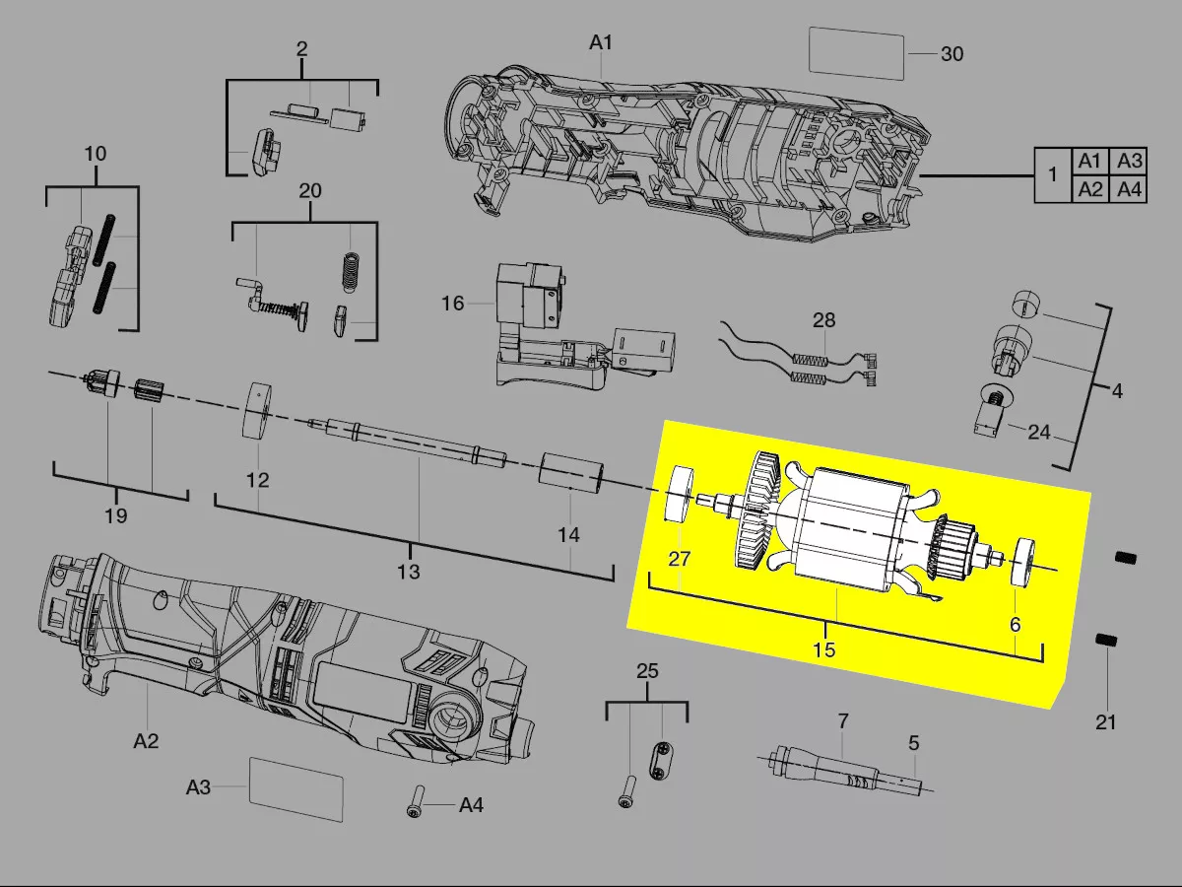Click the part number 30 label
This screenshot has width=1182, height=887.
(952, 54)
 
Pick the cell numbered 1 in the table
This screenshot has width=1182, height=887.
(1053, 175)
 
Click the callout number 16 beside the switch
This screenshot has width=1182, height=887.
(452, 304)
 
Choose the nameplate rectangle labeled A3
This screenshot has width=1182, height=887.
(295, 789)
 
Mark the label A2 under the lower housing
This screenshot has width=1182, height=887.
(146, 740)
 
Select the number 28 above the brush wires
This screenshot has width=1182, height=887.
(823, 320)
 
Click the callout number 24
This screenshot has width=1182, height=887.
(1038, 432)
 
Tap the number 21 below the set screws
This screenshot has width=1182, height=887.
(1106, 722)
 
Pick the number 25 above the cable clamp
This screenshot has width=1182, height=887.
(647, 671)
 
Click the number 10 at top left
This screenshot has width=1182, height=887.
(96, 155)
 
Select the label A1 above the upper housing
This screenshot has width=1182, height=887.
(601, 42)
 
